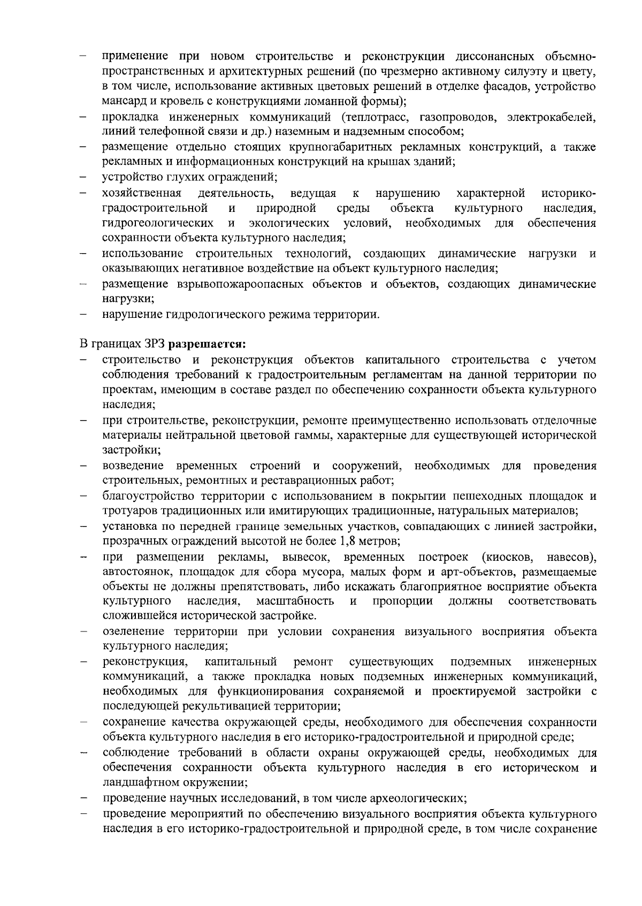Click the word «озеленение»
coord(131,631)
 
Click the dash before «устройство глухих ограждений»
coord(85,177)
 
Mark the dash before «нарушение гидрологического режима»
coord(85,315)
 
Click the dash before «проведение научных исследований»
coord(85,798)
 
